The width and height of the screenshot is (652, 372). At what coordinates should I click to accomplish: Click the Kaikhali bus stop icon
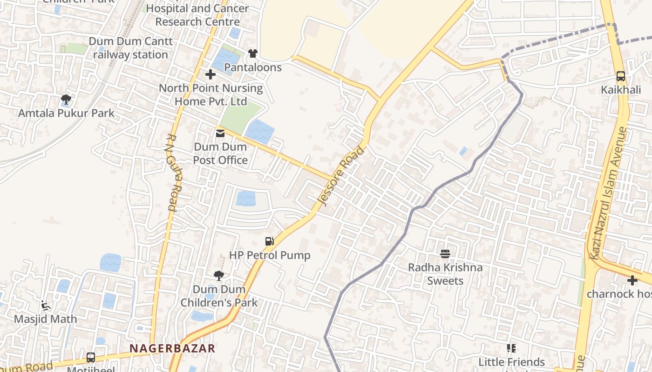coord(620,76)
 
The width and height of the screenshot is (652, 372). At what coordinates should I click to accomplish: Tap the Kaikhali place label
coord(620,90)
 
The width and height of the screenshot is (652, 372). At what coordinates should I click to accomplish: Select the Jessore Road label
coord(341,176)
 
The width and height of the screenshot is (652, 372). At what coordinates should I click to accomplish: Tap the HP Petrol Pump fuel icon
coord(269,241)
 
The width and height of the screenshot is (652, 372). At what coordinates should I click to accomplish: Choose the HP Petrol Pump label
coord(269,255)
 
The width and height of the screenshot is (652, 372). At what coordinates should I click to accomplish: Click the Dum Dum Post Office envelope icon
coord(220,133)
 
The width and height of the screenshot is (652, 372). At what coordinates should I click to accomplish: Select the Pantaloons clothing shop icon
coord(252,53)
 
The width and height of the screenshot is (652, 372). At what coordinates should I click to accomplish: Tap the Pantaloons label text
coord(252,67)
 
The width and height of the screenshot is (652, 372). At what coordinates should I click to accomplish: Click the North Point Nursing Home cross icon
coord(211,74)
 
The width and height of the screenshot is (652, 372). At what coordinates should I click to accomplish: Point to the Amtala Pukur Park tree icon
coord(66,99)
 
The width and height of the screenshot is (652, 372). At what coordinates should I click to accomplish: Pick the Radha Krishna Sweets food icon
coord(445,253)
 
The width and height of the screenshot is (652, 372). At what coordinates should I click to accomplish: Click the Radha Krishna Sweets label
coord(445,274)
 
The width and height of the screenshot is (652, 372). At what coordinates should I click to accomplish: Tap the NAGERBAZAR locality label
coord(172,348)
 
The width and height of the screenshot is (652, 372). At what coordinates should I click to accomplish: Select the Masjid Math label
coord(45,319)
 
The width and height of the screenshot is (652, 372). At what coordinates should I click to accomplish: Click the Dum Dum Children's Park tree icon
coord(218,276)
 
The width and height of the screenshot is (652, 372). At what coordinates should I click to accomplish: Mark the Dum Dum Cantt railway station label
coord(130,48)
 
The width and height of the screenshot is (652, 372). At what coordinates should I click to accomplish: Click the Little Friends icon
coord(511,348)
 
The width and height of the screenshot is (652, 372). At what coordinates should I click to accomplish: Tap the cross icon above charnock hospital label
coord(632,280)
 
